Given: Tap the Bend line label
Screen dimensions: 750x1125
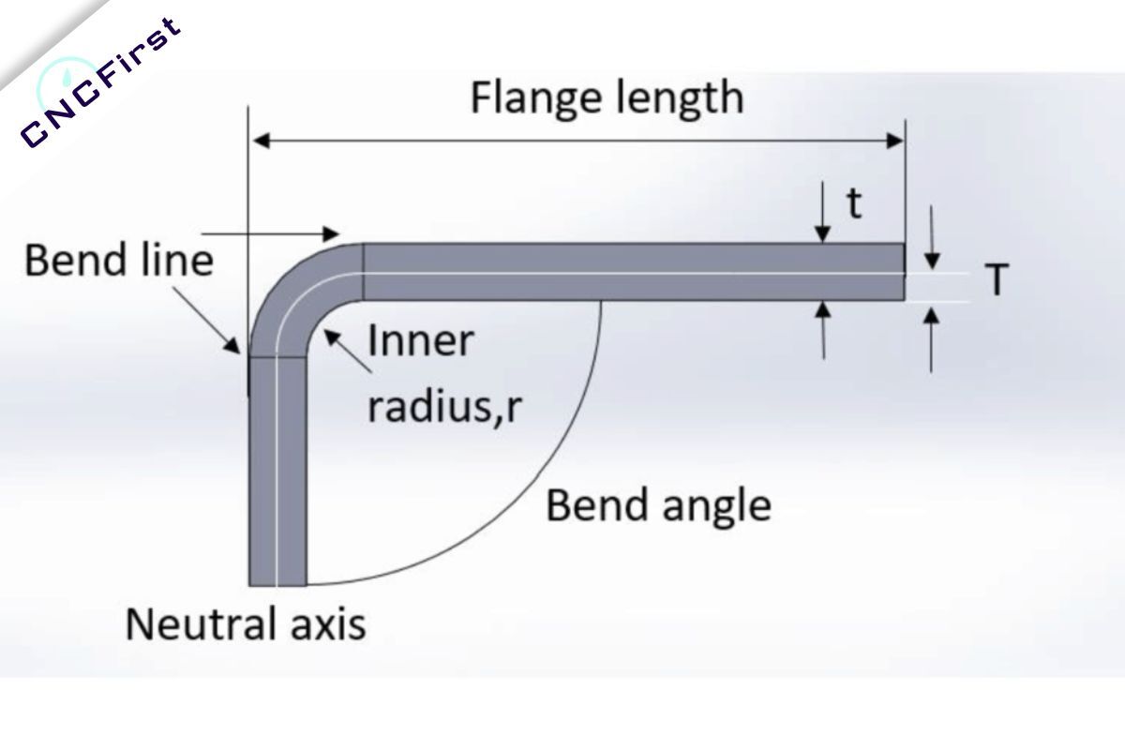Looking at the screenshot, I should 119,260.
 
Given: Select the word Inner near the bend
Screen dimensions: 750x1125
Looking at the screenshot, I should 421,340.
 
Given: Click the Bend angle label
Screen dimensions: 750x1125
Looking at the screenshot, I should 658,506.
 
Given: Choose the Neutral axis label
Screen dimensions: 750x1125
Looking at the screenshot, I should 246,623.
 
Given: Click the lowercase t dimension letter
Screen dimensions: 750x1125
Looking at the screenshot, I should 854,203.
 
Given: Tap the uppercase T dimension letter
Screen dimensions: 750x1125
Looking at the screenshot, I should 997,279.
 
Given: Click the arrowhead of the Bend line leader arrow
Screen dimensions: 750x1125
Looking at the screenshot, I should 233,344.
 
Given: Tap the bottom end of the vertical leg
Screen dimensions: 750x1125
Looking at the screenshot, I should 277,581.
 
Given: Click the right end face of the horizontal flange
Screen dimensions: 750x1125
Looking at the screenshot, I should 903,272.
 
